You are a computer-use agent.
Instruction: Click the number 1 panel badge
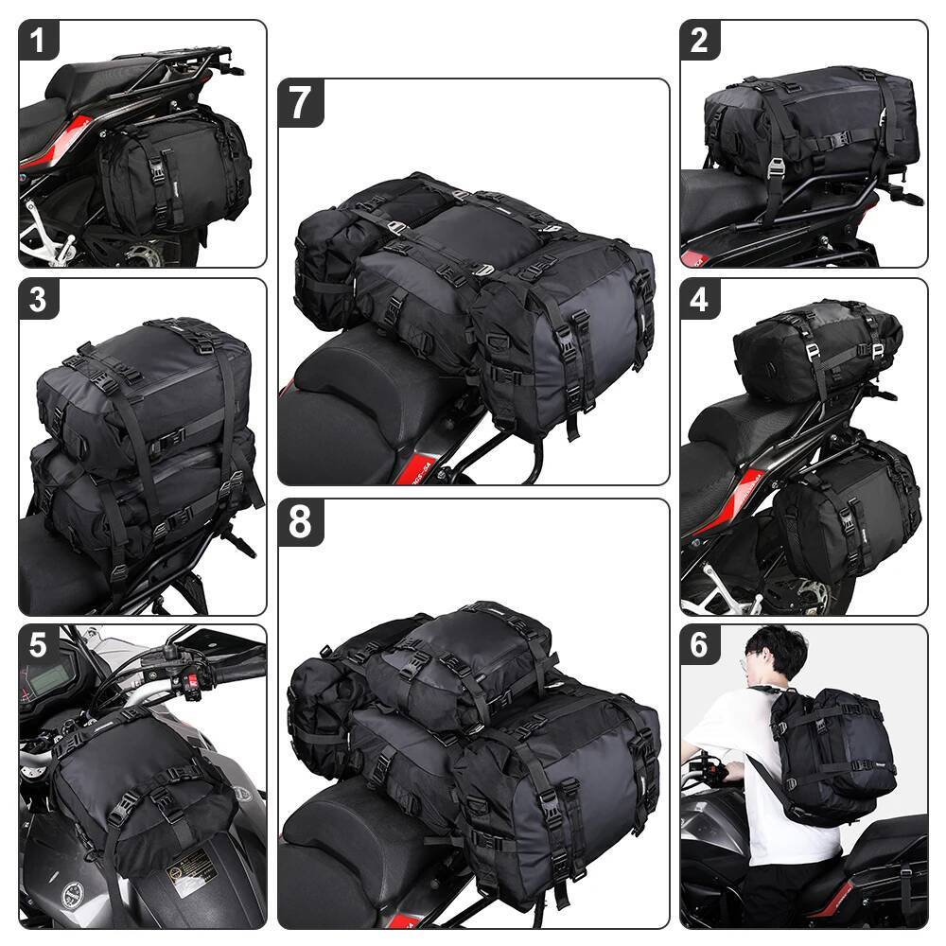39,41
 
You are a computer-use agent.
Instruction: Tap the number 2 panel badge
699,41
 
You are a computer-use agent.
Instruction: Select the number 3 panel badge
39,299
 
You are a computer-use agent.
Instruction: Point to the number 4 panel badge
699,299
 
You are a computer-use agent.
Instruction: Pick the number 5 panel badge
39,644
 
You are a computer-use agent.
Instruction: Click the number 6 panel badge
699,644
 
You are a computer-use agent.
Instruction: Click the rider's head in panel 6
775,654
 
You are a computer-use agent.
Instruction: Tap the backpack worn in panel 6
832,752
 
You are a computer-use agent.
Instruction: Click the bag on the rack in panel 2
809,123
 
